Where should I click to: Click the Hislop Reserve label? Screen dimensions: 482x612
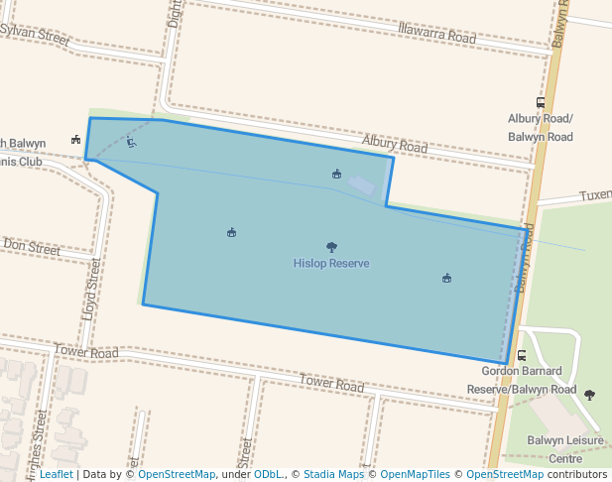[x=331, y=264]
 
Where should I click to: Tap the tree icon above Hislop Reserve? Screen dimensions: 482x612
[x=331, y=247]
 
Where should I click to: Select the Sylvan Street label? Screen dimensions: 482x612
[x=38, y=37]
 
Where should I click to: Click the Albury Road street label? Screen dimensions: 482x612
[x=394, y=146]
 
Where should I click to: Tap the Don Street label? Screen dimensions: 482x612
[x=31, y=245]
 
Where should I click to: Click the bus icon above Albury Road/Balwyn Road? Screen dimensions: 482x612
[x=541, y=101]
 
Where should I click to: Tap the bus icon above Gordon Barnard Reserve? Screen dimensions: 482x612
[x=522, y=354]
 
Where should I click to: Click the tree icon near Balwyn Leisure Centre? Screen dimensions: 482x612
[x=590, y=395]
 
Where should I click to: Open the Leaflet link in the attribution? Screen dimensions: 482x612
[x=56, y=475]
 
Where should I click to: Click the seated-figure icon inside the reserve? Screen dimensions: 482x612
[x=131, y=142]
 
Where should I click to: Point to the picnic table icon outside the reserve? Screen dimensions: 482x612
[x=75, y=140]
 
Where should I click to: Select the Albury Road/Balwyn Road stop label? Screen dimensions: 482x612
[x=540, y=127]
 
